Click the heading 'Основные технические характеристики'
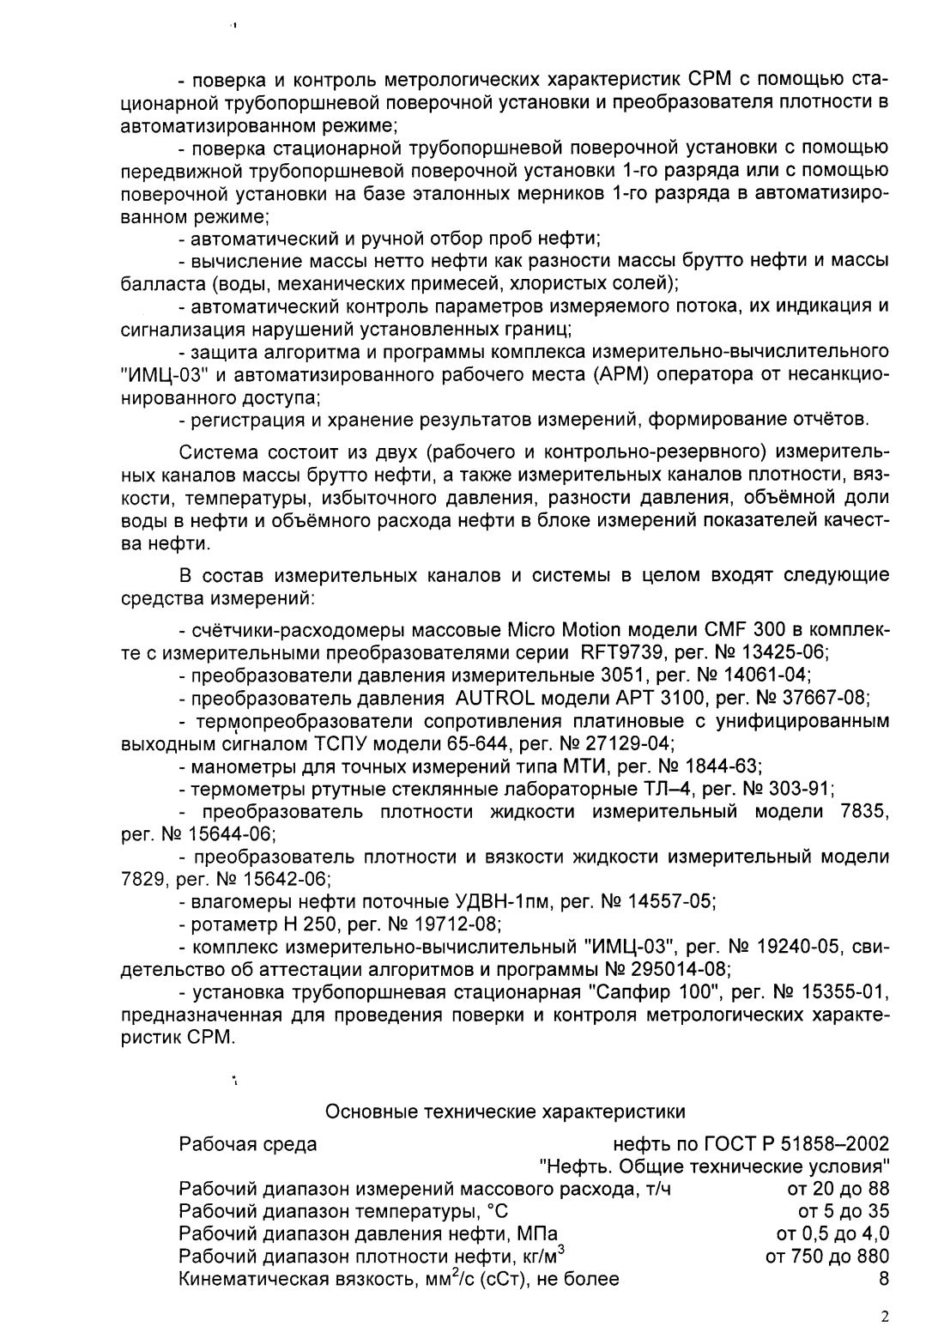tap(505, 1112)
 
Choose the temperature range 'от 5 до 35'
tap(844, 1211)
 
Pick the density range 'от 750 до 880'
tap(826, 1257)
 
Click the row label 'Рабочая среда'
tap(247, 1144)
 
